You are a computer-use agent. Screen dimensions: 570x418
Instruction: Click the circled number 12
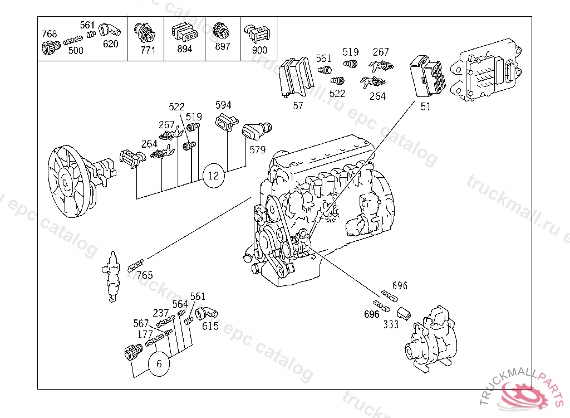coord(214,176)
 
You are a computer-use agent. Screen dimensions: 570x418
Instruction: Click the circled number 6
coord(159,364)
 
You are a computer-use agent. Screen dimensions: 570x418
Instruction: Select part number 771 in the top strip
coord(148,50)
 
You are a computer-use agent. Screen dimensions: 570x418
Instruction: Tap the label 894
coord(185,49)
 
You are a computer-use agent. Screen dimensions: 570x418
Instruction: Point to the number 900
coord(259,50)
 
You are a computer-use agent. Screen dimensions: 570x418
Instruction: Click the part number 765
coord(145,275)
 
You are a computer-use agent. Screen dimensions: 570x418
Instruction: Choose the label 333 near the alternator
coord(391,324)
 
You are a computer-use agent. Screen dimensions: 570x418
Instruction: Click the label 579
coord(257,150)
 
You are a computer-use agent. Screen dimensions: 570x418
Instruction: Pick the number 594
coord(223,105)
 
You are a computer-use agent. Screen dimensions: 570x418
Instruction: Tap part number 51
coord(425,106)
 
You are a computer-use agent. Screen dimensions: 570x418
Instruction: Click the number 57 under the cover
coord(298,105)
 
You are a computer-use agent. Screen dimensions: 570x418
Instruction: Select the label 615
coord(210,325)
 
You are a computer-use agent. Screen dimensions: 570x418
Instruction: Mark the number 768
coord(50,34)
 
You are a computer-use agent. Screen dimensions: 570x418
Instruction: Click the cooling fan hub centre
coord(65,182)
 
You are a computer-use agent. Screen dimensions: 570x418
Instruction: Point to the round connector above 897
coord(220,31)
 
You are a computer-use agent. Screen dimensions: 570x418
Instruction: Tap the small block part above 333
coord(403,313)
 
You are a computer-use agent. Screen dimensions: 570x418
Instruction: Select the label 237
coord(161,313)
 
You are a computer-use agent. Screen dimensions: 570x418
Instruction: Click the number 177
coord(145,334)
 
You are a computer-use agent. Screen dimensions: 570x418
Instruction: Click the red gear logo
coord(524,396)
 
